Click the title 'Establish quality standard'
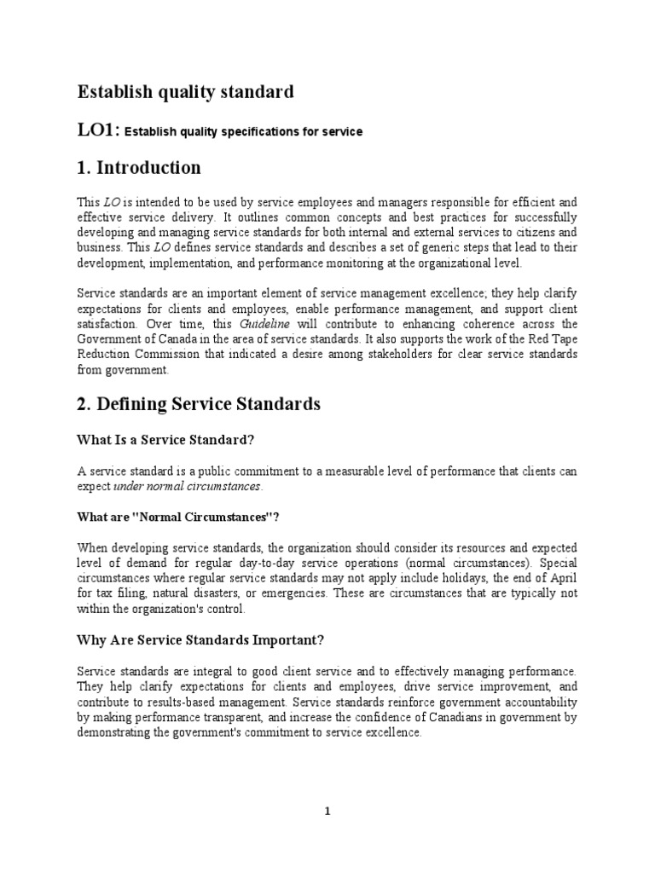[186, 91]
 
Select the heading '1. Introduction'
[140, 167]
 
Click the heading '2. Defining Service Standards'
[199, 404]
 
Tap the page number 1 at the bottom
[327, 812]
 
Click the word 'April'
[560, 578]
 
